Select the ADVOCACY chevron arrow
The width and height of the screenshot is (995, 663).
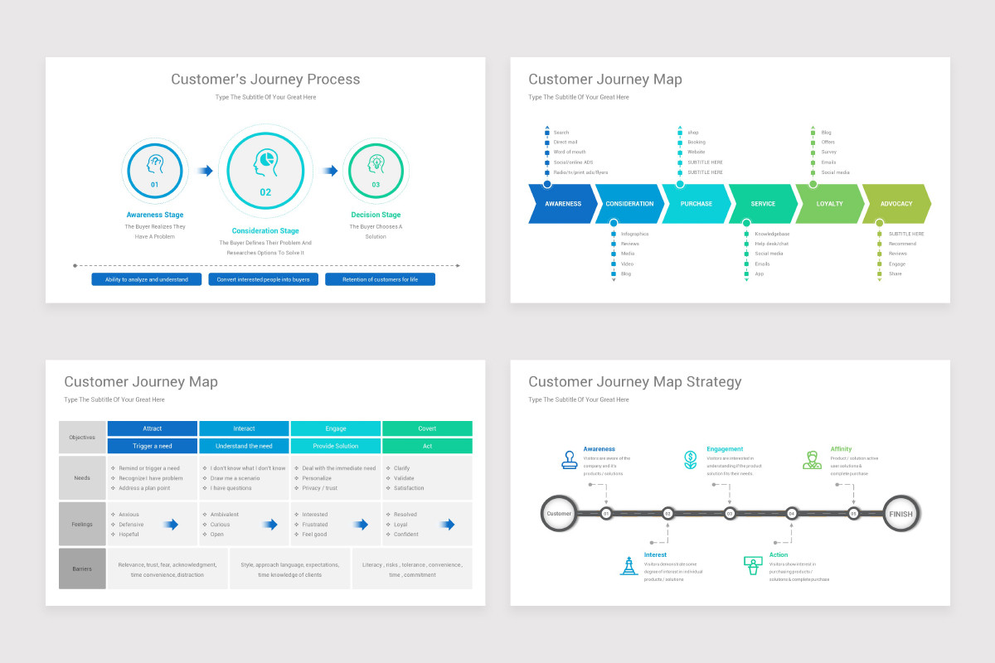click(x=896, y=204)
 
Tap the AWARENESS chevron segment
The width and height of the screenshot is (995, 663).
click(x=563, y=204)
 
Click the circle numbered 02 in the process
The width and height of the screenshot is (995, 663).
click(x=265, y=171)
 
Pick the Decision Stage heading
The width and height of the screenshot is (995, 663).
click(x=376, y=215)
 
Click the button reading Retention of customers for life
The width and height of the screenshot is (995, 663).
click(x=380, y=279)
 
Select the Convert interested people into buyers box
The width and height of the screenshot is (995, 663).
click(x=263, y=279)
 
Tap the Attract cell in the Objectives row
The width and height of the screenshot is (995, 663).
click(x=153, y=428)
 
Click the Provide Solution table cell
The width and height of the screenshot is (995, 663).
click(x=336, y=446)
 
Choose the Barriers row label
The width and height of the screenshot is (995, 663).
click(x=82, y=569)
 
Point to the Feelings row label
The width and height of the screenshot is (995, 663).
click(x=82, y=524)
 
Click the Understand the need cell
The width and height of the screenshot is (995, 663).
click(x=244, y=446)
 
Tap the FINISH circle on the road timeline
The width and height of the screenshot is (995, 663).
click(x=900, y=514)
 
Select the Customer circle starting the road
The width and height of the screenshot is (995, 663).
click(x=559, y=514)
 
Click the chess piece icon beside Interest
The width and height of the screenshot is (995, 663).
click(x=629, y=566)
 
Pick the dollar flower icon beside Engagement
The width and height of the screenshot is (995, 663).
click(x=690, y=460)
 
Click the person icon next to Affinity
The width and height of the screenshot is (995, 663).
click(x=812, y=460)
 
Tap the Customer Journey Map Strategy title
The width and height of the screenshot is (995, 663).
click(x=635, y=382)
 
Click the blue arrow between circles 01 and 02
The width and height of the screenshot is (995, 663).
click(x=205, y=171)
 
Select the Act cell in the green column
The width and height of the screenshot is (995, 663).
click(x=427, y=446)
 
